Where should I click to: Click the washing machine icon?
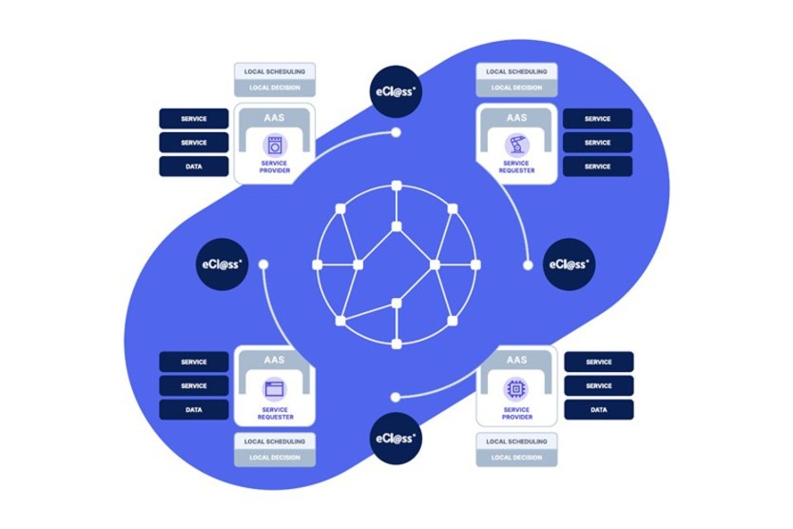pos(275,147)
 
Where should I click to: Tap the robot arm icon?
pos(517,146)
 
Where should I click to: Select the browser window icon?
pos(275,388)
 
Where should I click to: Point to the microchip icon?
pos(517,388)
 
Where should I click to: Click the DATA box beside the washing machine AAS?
pos(194,167)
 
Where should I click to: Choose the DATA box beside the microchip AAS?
pos(599,410)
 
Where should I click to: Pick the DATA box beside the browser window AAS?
pos(194,410)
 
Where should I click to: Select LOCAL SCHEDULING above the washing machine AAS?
pos(275,71)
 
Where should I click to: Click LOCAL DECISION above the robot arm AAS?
pos(517,88)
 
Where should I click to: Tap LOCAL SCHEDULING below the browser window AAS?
pos(275,441)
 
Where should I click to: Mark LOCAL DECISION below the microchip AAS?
pos(517,458)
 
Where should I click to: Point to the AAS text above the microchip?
pos(517,361)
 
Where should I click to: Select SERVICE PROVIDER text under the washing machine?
pos(275,167)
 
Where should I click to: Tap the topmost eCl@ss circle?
pos(396,91)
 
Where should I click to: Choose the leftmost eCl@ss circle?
pos(223,264)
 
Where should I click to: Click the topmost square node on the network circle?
pos(396,184)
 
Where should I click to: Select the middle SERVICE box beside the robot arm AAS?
pos(598,143)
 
